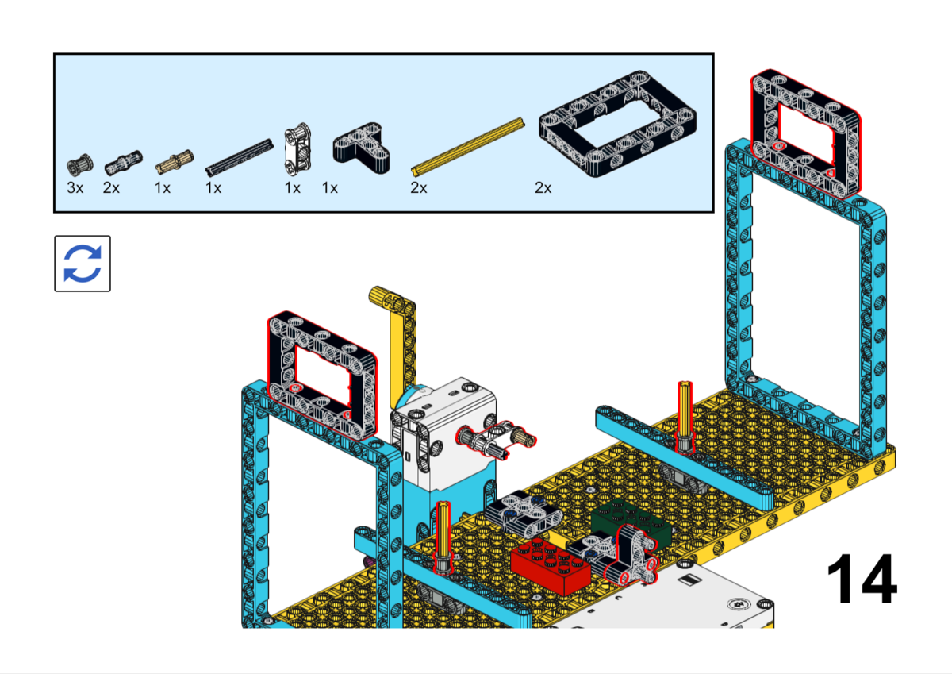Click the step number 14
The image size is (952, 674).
pyautogui.click(x=862, y=580)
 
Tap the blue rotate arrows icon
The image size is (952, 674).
pyautogui.click(x=83, y=264)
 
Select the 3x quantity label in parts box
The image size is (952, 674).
pyautogui.click(x=75, y=188)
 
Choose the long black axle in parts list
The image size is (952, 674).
pyautogui.click(x=239, y=156)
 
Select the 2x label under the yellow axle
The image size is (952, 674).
pyautogui.click(x=419, y=188)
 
